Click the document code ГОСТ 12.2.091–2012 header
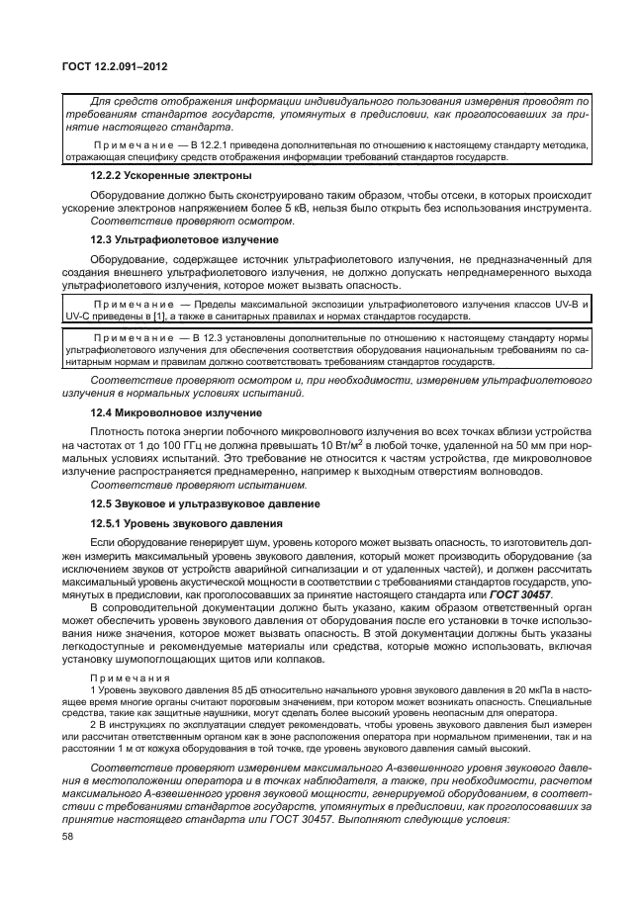pyautogui.click(x=117, y=66)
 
